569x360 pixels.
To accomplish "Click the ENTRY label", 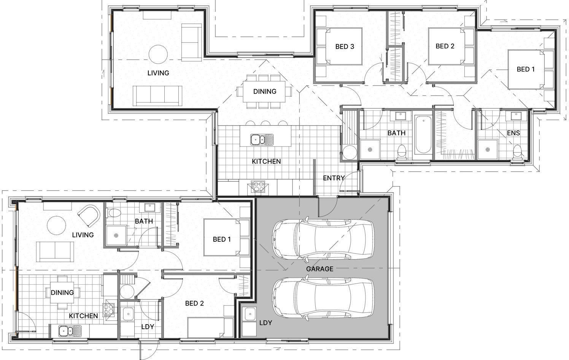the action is (334, 178).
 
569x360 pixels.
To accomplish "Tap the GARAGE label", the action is (319, 269).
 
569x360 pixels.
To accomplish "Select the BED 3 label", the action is (345, 46).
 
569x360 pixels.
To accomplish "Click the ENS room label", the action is (513, 133).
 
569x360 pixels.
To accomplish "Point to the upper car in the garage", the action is (323, 239).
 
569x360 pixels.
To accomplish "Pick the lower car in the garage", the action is (323, 298).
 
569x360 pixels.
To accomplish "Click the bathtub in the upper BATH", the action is (423, 134).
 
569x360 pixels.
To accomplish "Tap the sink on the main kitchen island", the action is (262, 140).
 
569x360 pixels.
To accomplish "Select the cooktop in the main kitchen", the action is (258, 187).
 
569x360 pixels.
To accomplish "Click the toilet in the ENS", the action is (517, 152).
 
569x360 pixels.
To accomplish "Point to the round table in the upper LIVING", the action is (158, 54).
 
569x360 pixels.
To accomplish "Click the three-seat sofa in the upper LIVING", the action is (157, 96).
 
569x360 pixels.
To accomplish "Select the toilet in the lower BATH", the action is (114, 213).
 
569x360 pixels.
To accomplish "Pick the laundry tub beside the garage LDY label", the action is (250, 314).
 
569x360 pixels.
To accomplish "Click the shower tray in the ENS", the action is (488, 150).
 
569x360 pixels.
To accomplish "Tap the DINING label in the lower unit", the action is (62, 292).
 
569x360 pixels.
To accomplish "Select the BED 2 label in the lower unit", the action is (194, 303).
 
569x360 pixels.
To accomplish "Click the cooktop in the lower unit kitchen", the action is (108, 310).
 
